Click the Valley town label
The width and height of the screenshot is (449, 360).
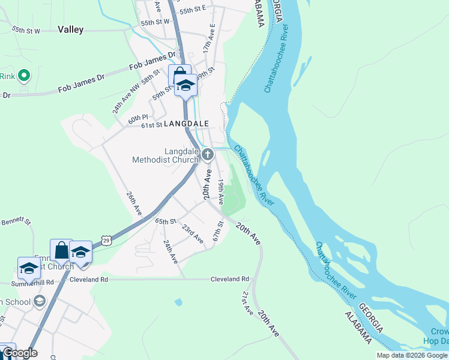tap(70, 29)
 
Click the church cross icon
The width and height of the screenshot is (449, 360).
tap(207, 155)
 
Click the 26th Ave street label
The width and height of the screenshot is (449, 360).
tap(134, 204)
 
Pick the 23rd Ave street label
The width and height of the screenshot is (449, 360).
tap(193, 233)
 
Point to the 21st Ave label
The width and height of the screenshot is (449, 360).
tap(247, 304)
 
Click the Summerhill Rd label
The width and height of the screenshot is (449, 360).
tap(32, 282)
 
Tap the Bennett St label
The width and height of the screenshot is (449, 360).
tap(16, 221)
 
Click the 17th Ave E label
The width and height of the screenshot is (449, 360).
tap(208, 38)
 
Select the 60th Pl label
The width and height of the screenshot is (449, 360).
tap(137, 118)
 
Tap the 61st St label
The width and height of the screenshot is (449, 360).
tap(151, 125)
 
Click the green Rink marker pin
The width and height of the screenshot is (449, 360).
tap(23, 76)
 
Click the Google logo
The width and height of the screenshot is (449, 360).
tap(20, 353)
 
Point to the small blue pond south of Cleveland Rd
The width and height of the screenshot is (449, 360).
tap(178, 302)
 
